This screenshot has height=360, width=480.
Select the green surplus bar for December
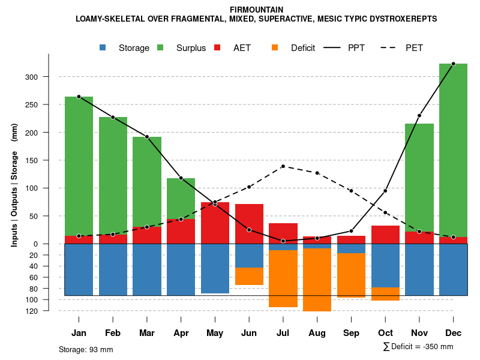[453, 150]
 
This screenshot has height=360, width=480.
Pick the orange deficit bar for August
[317, 280]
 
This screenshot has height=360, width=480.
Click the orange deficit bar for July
[283, 278]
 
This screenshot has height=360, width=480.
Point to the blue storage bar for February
[113, 269]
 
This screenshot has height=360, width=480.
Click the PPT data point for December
[453, 64]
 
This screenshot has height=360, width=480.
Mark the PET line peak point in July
[283, 166]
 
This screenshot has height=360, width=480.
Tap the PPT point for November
[419, 116]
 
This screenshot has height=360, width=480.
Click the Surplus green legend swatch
[161, 48]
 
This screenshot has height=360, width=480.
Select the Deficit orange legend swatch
[275, 48]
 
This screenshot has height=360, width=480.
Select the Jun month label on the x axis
[249, 333]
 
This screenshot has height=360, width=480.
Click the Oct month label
[385, 333]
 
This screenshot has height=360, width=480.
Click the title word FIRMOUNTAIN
[256, 10]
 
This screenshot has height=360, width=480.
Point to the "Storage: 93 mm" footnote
[86, 349]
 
